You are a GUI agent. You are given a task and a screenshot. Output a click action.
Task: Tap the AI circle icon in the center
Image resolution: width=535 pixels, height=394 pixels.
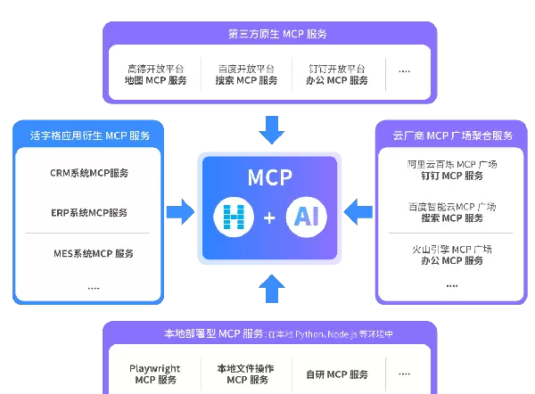click(x=306, y=218)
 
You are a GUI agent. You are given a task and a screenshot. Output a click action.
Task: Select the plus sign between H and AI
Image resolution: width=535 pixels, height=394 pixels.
click(x=270, y=218)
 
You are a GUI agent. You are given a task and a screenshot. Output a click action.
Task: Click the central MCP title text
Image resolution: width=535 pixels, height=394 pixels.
click(x=270, y=176)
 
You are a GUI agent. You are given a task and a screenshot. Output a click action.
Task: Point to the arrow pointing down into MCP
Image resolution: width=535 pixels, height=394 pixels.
click(x=270, y=133)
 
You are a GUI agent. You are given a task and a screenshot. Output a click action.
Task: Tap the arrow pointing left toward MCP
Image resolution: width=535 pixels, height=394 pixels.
click(x=358, y=212)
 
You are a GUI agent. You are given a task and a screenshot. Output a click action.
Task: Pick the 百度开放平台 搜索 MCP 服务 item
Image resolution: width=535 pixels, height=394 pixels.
click(x=246, y=74)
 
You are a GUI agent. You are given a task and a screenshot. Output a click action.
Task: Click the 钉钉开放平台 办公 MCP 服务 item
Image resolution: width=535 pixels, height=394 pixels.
click(x=337, y=74)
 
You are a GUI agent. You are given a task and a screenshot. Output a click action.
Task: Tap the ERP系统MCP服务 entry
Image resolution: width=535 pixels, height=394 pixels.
click(x=89, y=213)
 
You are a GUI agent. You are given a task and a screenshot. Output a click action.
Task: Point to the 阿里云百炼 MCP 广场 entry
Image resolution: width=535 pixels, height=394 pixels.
click(x=451, y=171)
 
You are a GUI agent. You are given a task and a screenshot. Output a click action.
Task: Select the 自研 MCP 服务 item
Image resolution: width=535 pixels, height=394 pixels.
click(x=336, y=374)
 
